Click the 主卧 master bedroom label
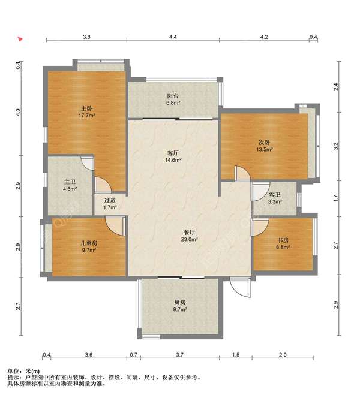click(86, 108)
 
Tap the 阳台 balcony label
click(173, 96)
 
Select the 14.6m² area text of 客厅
click(173, 160)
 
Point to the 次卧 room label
click(264, 143)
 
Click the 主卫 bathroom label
click(70, 182)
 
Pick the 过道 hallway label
click(110, 200)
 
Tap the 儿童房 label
click(89, 243)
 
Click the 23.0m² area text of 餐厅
click(190, 239)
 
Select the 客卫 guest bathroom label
click(275, 195)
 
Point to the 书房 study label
click(283, 240)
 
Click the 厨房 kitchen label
click(180, 303)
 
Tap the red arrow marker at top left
click(20, 39)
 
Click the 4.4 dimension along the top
click(173, 37)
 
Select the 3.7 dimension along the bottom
click(180, 355)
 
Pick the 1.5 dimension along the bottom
click(236, 355)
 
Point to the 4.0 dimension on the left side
click(18, 113)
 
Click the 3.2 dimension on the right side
click(336, 146)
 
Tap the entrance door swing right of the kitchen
click(241, 287)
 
